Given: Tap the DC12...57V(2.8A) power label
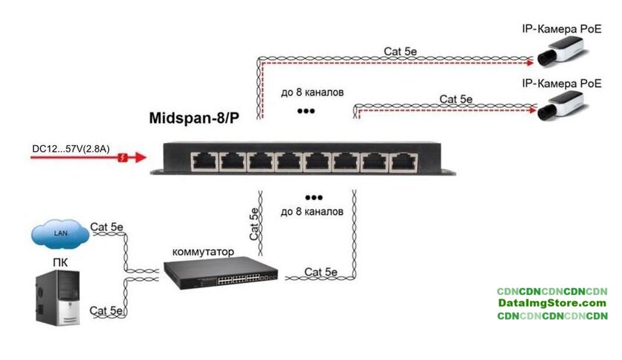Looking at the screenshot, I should (x=71, y=149).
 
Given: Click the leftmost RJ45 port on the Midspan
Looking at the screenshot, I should (x=201, y=161).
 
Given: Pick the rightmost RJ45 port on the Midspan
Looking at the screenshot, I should (x=401, y=161).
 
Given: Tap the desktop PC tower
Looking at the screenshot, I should (x=59, y=300).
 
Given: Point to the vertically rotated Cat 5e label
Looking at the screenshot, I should (x=254, y=224).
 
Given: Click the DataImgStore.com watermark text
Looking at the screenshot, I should (x=552, y=303).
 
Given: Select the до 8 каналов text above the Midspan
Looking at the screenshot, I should (x=312, y=93).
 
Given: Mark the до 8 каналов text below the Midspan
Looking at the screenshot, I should (x=312, y=212).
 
